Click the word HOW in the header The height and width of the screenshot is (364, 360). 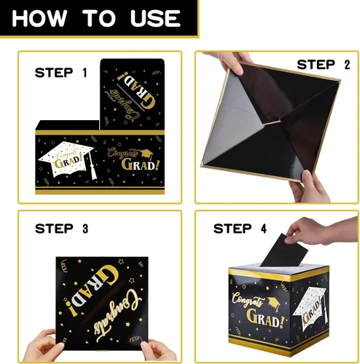click(39, 18)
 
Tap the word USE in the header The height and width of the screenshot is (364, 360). click(155, 18)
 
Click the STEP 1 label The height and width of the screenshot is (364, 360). click(61, 73)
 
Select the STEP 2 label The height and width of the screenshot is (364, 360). click(324, 65)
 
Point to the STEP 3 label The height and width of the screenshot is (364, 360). click(62, 229)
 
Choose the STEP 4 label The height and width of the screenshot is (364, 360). click(240, 229)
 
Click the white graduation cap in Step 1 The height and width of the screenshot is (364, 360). click(66, 159)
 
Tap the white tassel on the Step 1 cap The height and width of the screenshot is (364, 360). click(93, 167)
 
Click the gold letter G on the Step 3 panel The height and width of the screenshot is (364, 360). click(108, 275)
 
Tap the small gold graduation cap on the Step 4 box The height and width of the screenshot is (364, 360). click(274, 304)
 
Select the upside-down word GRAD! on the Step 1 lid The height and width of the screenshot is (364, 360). click(136, 93)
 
